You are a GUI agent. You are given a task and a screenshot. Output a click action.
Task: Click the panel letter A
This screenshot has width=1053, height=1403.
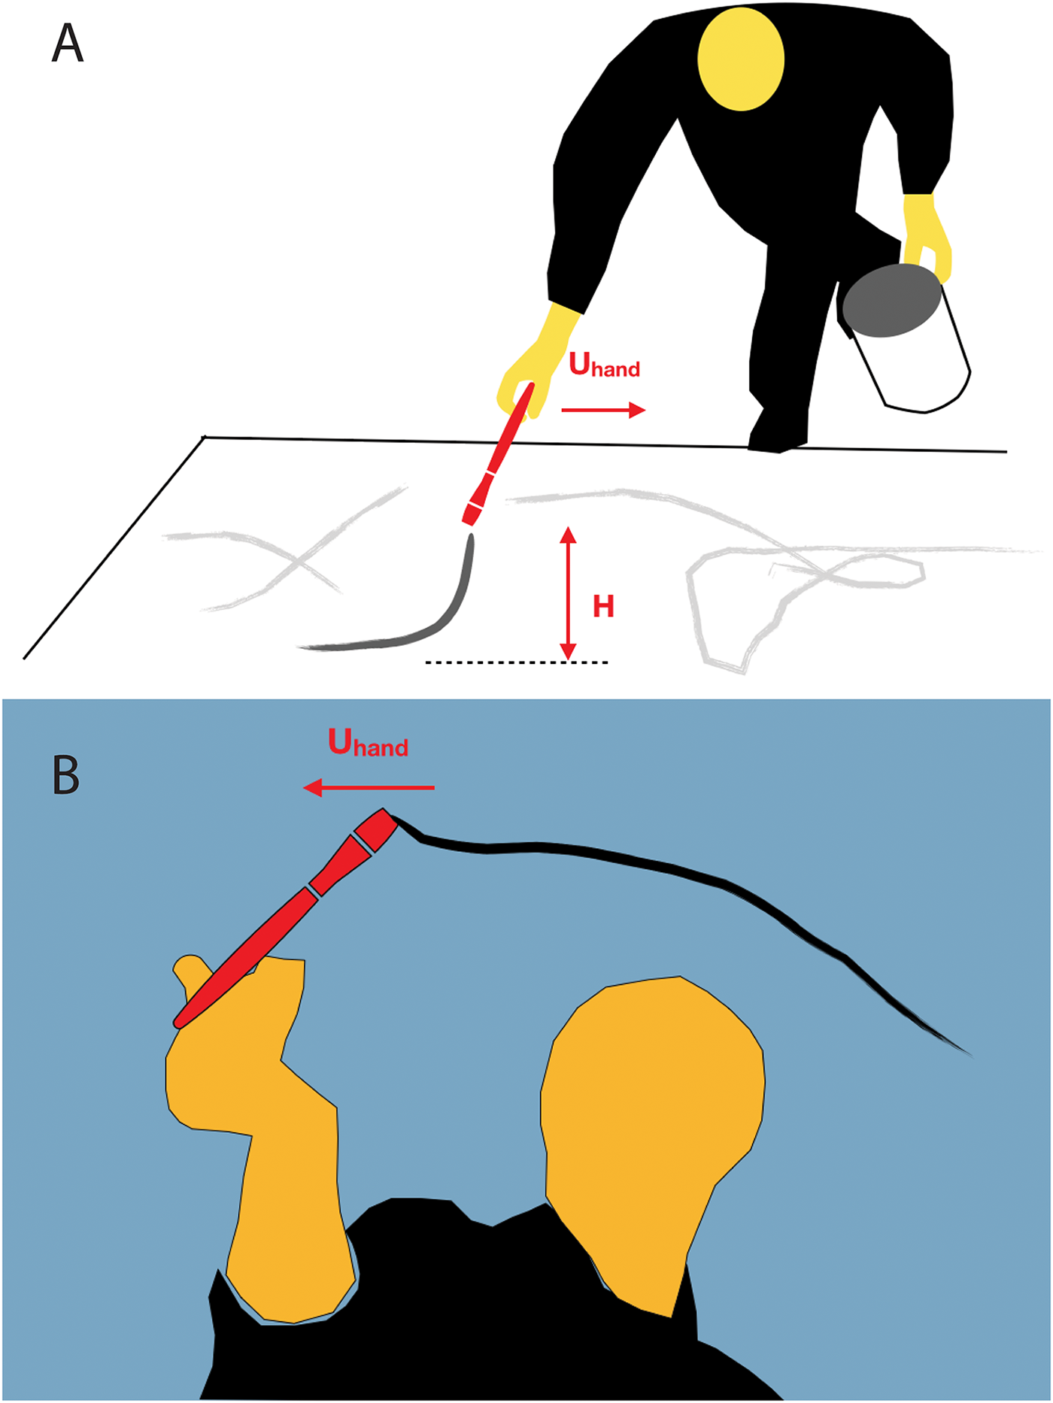point(67,44)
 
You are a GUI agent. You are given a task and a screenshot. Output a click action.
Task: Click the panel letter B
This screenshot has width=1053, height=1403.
point(66,775)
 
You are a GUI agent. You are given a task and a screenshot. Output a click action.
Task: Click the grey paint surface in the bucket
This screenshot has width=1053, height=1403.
point(892,301)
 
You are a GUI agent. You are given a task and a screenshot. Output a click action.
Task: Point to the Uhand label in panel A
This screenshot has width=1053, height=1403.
point(604,365)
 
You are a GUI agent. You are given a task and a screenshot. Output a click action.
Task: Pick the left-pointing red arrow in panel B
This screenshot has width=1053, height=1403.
point(369,787)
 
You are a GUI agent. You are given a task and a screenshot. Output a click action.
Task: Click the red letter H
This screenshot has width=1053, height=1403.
point(603,607)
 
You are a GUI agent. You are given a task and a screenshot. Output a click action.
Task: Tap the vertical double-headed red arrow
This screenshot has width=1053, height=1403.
point(568,594)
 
